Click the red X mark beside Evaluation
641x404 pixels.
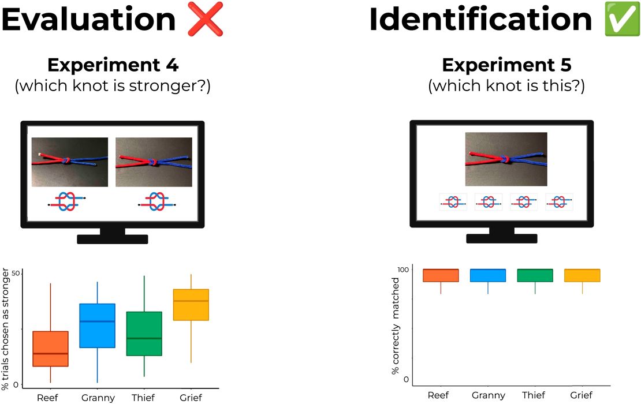(x=205, y=20)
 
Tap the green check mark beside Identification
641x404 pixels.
(x=622, y=20)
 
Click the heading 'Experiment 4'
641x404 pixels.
(x=113, y=65)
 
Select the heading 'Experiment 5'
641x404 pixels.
(x=506, y=65)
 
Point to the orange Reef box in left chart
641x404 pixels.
(x=51, y=349)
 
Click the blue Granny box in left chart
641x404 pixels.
(x=97, y=326)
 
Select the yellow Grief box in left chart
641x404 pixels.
(x=191, y=305)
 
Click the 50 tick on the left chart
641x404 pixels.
(x=16, y=273)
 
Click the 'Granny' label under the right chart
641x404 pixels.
(x=488, y=395)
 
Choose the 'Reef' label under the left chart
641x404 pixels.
(x=47, y=398)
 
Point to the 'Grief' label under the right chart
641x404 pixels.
(x=582, y=395)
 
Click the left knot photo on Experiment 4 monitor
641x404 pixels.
(x=69, y=162)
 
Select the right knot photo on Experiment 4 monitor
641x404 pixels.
(x=154, y=162)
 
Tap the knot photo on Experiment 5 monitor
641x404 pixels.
(x=506, y=159)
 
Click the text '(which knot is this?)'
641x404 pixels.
(x=506, y=86)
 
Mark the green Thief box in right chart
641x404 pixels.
(x=535, y=275)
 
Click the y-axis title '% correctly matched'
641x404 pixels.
(x=396, y=326)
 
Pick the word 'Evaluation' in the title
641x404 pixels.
(x=88, y=20)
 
